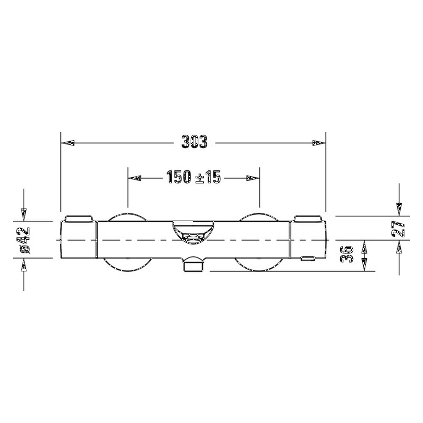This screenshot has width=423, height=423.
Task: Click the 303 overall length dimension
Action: coord(194,142)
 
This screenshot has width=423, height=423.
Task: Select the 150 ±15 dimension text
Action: coord(193,177)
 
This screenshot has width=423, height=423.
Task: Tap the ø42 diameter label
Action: coord(25,240)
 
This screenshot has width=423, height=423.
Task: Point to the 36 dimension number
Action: coord(347,254)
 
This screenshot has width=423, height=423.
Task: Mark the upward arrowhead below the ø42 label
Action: coord(23,264)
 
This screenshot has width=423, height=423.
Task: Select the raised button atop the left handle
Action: coord(79,218)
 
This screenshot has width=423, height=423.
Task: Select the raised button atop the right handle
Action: coord(307,218)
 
